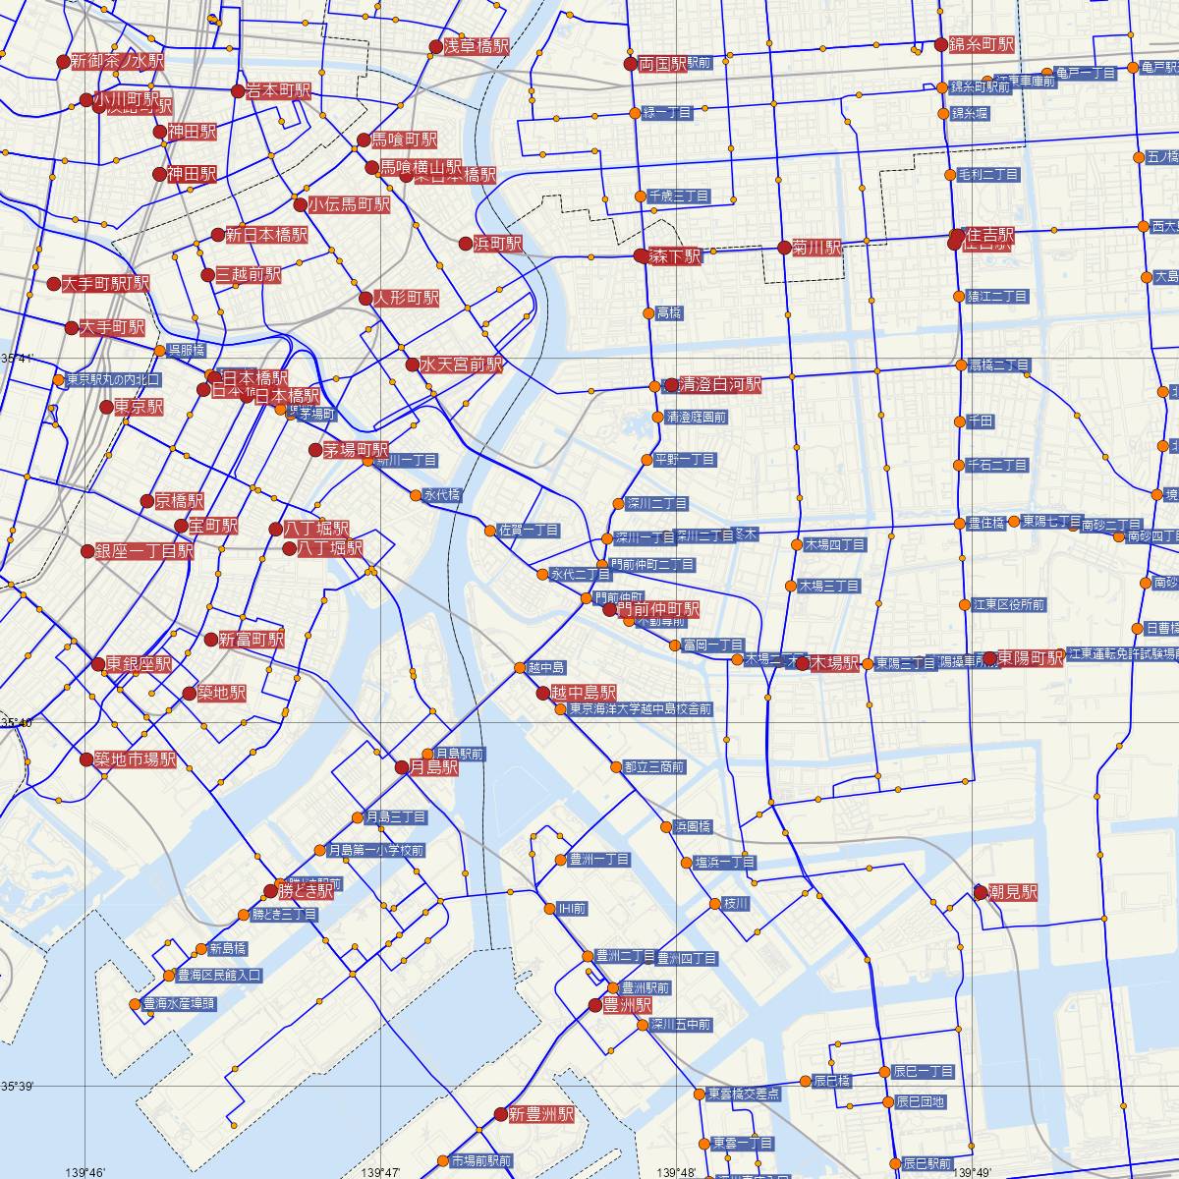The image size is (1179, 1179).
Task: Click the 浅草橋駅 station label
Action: point(477,46)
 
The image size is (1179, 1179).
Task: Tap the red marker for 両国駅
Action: point(631,64)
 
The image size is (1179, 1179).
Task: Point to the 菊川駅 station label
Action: point(817,248)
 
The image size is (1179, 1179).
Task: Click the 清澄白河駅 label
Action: point(720,385)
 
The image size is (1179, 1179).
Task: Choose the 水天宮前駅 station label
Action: point(461,365)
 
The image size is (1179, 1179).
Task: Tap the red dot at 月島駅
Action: point(402,767)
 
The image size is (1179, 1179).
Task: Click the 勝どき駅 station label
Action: point(306,891)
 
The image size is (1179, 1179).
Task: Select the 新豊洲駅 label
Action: point(540,1114)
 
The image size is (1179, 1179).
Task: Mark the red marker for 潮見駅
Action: point(980,891)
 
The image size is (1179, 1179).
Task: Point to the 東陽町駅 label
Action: point(1031,657)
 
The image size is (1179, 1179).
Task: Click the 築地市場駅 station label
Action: point(135,759)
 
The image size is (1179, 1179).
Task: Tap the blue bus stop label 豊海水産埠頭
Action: point(179,1004)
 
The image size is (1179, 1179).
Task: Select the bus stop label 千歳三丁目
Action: point(678,196)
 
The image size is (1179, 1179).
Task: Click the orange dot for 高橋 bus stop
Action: point(648,313)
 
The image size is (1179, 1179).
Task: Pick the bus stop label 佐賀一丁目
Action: point(529,531)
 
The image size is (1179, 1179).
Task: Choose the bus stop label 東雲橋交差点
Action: point(744,1093)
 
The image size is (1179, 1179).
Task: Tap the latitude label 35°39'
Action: point(18,1086)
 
